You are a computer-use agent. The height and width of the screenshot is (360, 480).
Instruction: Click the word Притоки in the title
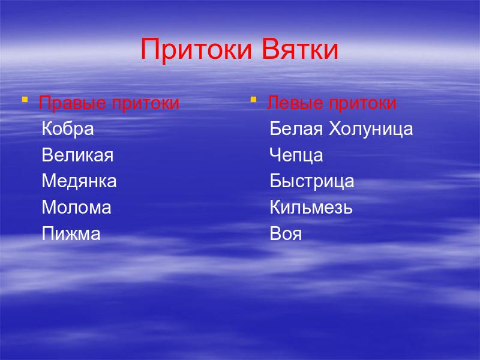196,50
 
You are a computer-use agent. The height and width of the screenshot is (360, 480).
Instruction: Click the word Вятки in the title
300,49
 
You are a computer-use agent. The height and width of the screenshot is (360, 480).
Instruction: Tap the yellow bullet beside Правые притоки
25,99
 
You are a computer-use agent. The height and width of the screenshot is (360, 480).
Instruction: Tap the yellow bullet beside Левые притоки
253,99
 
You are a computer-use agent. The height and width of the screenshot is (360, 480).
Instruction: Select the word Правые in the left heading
72,103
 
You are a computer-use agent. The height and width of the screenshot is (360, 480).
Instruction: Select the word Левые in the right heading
296,103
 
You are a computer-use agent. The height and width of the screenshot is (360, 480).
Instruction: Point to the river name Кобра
68,129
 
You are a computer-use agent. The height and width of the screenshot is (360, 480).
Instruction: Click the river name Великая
77,155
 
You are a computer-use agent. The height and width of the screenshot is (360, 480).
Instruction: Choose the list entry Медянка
79,181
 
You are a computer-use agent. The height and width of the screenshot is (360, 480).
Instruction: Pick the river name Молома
77,208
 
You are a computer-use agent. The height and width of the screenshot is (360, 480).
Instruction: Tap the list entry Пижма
71,234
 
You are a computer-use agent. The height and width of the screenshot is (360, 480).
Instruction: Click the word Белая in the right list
296,129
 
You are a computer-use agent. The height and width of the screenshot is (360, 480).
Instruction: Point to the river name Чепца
296,155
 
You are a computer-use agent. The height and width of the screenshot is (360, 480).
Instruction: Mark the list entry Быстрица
312,181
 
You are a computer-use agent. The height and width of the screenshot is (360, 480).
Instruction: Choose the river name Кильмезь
311,208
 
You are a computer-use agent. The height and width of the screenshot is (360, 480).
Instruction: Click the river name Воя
286,234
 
